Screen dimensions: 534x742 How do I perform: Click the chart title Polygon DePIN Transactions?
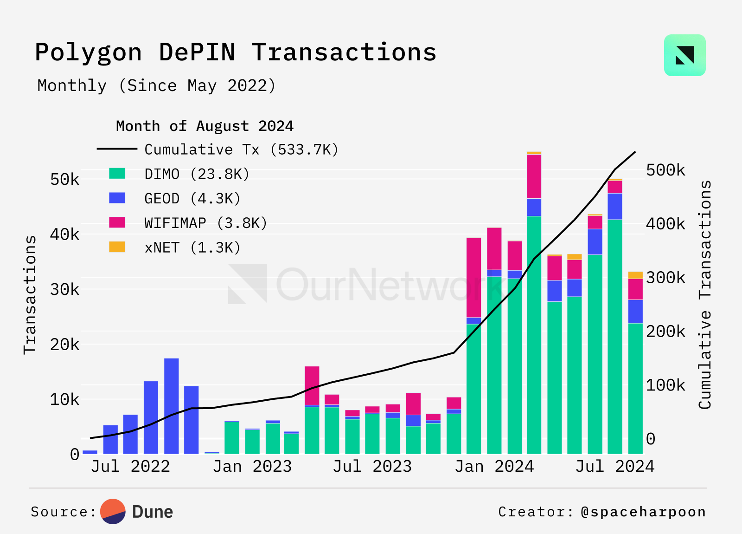coord(236,52)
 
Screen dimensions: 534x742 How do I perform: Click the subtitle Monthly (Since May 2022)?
coord(156,86)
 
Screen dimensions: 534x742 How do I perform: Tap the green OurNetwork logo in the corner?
coord(684,55)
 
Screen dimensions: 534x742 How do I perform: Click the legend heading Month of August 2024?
coord(205,126)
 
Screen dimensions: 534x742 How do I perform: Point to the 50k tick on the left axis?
coord(64,179)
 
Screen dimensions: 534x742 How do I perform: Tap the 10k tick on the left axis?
coord(64,399)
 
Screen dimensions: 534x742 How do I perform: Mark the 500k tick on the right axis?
coord(665,170)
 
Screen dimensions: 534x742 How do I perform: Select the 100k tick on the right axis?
coord(665,385)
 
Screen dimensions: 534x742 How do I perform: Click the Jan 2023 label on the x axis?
coord(252,467)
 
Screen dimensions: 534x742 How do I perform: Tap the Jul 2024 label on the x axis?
coord(615,467)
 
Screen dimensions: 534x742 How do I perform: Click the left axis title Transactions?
coord(30,295)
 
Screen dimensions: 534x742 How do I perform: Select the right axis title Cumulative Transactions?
coord(704,295)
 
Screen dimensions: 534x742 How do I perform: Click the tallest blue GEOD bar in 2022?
coord(172,406)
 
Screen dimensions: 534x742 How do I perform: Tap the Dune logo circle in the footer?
coord(113,512)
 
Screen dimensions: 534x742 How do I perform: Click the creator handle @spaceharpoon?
coord(643,512)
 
